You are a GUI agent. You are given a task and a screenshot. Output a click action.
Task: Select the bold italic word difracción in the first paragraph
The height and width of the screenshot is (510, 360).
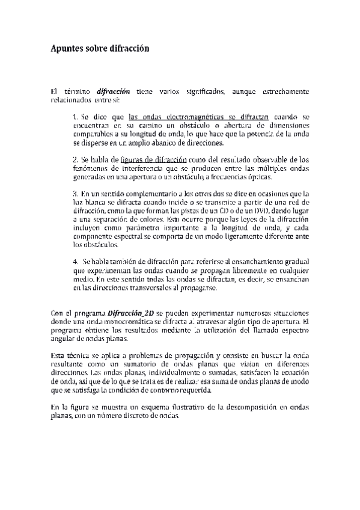(x=114, y=91)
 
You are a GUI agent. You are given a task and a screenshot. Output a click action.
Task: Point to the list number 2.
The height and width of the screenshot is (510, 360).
(x=75, y=160)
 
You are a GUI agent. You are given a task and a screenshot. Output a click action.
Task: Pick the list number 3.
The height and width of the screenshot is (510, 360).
(x=75, y=194)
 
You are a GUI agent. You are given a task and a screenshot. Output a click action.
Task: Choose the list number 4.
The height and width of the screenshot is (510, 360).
(x=75, y=262)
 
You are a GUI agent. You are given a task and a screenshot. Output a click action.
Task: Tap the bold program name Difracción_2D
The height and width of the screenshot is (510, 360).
(x=130, y=313)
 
